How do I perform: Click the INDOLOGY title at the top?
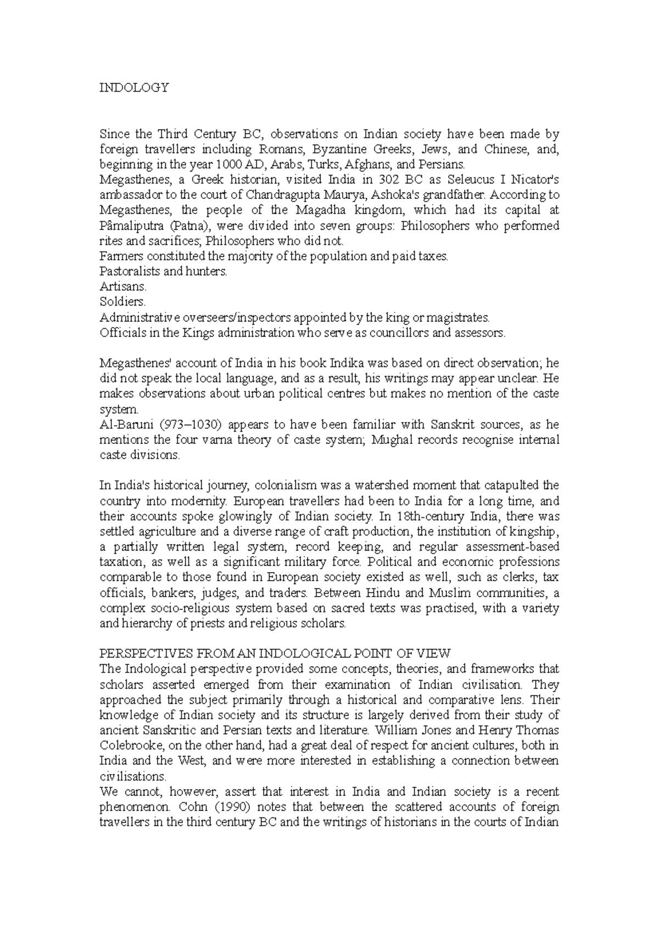tap(133, 88)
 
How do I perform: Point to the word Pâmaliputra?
tap(131, 226)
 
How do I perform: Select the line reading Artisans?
tap(123, 287)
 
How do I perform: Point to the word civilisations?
tap(132, 776)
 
